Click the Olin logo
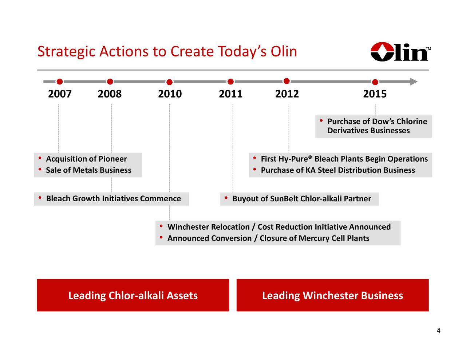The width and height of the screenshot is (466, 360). [400, 52]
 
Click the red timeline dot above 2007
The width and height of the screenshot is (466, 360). [60, 82]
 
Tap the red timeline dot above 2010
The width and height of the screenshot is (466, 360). [169, 82]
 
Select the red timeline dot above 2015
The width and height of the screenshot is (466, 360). [375, 82]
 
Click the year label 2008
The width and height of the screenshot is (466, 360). [110, 94]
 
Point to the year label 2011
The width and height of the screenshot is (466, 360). [230, 94]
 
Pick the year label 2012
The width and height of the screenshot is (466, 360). [287, 94]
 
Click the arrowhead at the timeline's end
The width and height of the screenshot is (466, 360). [413, 82]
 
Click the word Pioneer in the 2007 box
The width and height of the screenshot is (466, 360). [112, 159]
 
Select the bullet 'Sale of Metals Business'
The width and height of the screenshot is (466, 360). [88, 170]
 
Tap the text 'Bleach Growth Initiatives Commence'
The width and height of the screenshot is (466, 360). [113, 199]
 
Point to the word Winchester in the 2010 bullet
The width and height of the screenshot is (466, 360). [188, 227]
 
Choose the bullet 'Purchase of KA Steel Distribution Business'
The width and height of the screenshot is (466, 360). [337, 170]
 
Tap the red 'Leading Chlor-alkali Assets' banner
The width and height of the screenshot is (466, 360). [133, 295]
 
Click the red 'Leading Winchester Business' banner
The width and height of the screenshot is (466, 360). [332, 295]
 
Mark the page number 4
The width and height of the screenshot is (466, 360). [438, 331]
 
